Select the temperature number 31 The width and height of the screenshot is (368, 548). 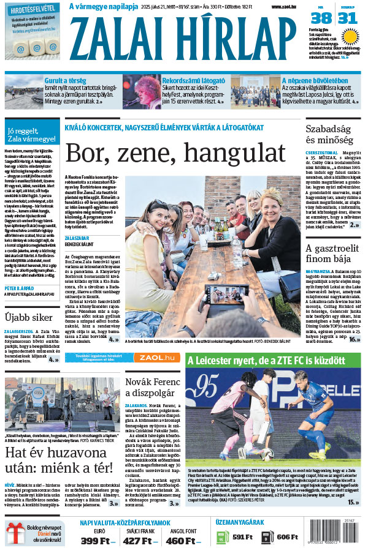point(347,18)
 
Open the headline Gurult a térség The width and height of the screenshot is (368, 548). point(68,80)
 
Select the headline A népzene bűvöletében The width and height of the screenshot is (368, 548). point(315,80)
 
